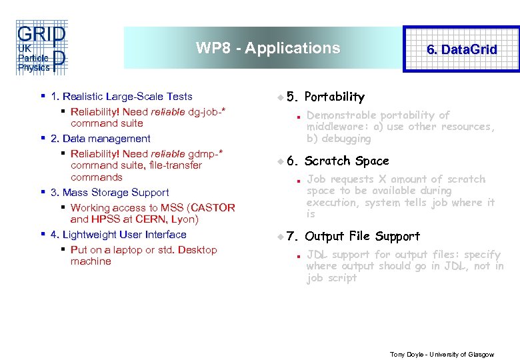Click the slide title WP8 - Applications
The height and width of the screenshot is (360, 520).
tap(268, 48)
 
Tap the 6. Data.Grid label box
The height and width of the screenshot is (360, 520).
tap(461, 49)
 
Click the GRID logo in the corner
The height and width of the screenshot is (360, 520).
tap(41, 47)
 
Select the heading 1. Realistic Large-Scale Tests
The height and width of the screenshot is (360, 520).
tap(121, 97)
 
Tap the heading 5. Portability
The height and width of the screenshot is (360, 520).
tap(334, 97)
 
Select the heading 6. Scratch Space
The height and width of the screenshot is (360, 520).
tap(346, 161)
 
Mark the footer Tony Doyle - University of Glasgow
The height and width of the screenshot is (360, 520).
tap(442, 354)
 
